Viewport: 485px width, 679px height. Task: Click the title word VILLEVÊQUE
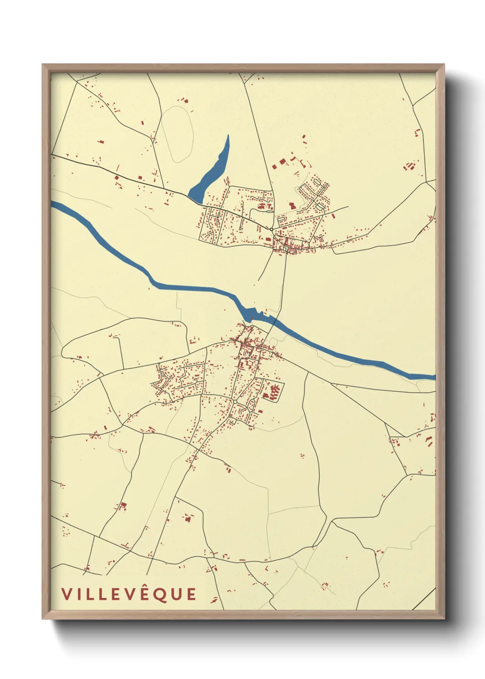[x=129, y=594]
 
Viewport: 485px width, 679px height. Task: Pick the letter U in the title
[x=176, y=595]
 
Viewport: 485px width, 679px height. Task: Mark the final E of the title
[x=191, y=595]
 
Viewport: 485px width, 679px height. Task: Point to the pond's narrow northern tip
[x=228, y=137]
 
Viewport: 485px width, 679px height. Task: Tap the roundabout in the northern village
[x=271, y=229]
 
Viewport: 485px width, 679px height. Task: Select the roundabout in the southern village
[x=235, y=402]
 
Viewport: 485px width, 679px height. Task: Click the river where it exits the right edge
[x=432, y=377]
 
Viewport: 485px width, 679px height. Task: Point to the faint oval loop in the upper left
[x=176, y=134]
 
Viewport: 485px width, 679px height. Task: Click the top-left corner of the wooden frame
[x=43, y=65]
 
